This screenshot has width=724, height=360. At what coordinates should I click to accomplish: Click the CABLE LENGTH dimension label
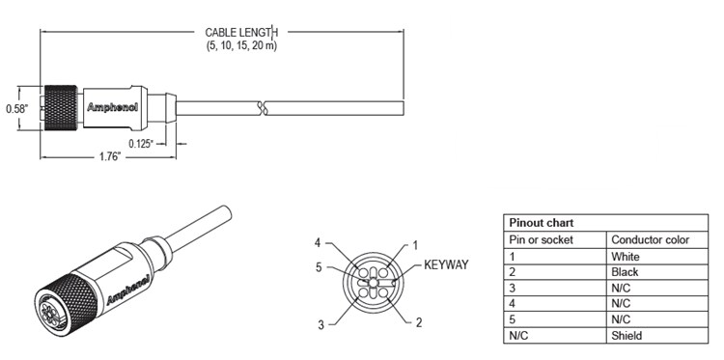pyautogui.click(x=240, y=32)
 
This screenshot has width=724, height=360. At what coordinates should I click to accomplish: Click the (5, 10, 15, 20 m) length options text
pyautogui.click(x=240, y=45)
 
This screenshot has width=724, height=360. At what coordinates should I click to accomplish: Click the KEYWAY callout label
pyautogui.click(x=446, y=263)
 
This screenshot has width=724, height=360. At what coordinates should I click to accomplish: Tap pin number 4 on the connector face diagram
pyautogui.click(x=318, y=241)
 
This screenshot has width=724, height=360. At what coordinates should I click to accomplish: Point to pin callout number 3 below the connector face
pyautogui.click(x=320, y=324)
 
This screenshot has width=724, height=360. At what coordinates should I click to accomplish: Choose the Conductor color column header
pyautogui.click(x=650, y=239)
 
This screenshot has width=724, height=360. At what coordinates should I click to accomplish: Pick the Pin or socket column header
pyautogui.click(x=542, y=239)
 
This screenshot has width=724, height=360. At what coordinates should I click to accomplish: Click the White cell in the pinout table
pyautogui.click(x=626, y=257)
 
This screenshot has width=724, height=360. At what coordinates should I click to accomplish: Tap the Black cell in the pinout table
pyautogui.click(x=625, y=273)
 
